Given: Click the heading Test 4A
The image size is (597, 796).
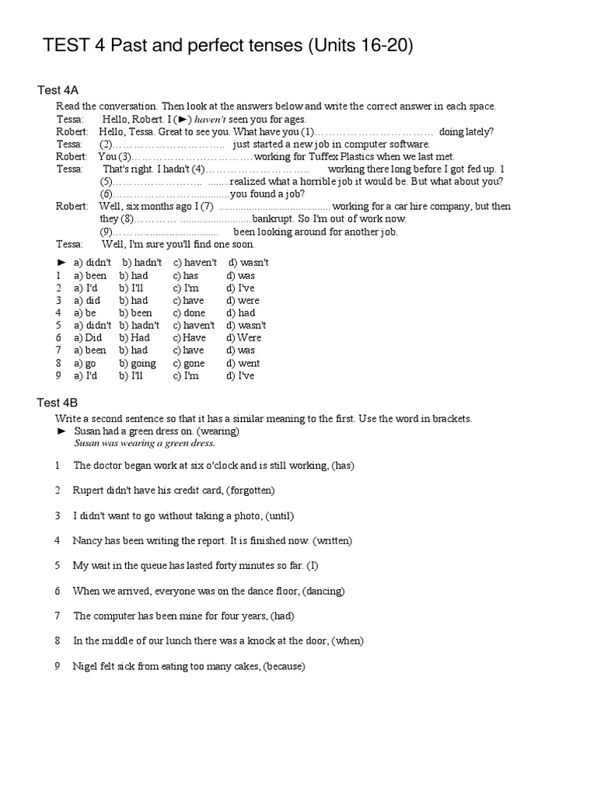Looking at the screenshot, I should (58, 90).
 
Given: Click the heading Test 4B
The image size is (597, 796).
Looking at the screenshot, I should (58, 402).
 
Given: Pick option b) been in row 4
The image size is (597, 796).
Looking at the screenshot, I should (136, 313).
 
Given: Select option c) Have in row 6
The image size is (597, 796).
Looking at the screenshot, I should (190, 338).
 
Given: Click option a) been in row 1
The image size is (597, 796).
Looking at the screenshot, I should (90, 275).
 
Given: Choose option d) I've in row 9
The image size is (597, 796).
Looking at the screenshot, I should (240, 375).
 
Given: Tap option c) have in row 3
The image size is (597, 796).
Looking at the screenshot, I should (188, 301).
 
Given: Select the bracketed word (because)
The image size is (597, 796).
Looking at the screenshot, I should (285, 666).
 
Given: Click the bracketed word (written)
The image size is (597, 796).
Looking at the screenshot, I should (333, 540).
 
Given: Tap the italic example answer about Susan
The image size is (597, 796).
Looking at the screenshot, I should (144, 443).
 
